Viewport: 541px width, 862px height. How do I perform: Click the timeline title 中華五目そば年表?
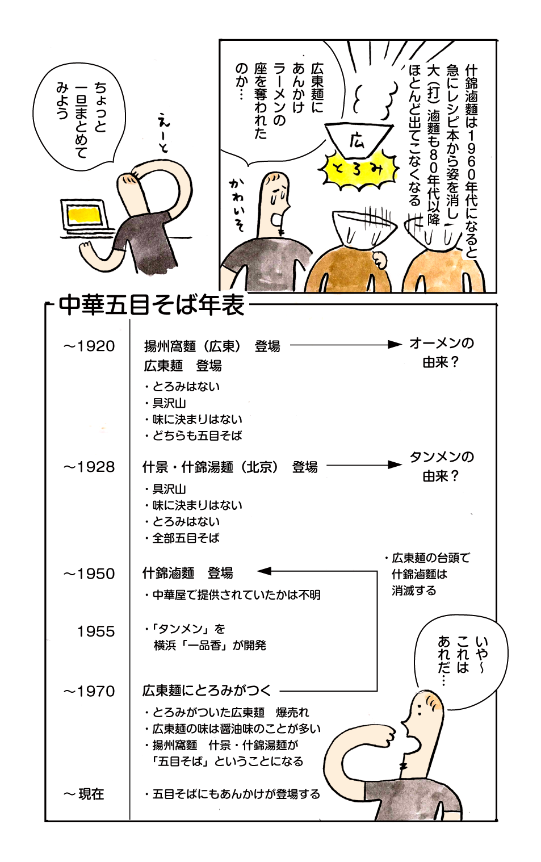pyautogui.click(x=152, y=305)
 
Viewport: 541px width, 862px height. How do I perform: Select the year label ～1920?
pyautogui.click(x=89, y=346)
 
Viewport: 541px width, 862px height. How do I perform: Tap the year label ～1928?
pyautogui.click(x=89, y=467)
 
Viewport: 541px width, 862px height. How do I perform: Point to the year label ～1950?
pyautogui.click(x=89, y=574)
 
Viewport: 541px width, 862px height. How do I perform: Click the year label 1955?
pyautogui.click(x=96, y=631)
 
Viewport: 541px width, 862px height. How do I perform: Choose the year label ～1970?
pyautogui.click(x=89, y=691)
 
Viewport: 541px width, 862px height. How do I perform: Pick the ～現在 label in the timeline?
pyautogui.click(x=84, y=794)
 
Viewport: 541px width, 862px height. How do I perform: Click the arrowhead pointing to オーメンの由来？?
pyautogui.click(x=395, y=344)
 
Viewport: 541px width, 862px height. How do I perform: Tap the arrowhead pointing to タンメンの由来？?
pyautogui.click(x=395, y=465)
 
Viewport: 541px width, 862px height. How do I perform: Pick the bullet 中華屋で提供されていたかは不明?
pyautogui.click(x=233, y=595)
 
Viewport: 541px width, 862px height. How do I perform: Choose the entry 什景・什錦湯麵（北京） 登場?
pyautogui.click(x=230, y=467)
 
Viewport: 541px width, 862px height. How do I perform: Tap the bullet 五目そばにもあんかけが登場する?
pyautogui.click(x=233, y=794)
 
